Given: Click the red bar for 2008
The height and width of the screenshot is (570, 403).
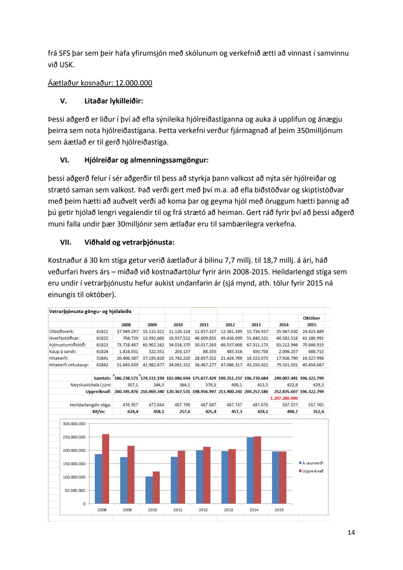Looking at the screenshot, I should pos(106,469).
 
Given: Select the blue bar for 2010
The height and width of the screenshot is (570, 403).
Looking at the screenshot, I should pos(149,490).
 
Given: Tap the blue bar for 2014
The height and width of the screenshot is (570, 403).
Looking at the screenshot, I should pos(250,471).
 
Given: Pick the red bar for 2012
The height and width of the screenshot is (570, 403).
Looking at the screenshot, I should pos(207,475).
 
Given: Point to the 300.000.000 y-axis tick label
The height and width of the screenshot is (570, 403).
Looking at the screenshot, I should pos(74,424).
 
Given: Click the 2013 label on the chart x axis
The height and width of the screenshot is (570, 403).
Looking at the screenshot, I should pos(228,510).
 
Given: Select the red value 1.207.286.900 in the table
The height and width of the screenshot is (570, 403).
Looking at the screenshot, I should pos(284,398).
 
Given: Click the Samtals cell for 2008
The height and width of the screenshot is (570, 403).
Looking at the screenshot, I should pos(126,378).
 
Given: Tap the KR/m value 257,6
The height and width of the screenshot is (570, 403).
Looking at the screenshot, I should pos(185,412).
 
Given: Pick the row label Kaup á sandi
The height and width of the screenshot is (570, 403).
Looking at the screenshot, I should pos(63,352).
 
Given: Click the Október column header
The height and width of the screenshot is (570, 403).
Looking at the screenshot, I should pos(311,318).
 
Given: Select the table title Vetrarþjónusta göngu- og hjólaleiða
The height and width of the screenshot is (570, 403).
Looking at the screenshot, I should pos(90,312).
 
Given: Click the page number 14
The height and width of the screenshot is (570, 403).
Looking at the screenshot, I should pos(351,533).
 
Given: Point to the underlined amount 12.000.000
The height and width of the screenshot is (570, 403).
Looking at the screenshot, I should pos(134,83).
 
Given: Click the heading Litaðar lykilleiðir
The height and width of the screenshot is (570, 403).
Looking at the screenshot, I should pos(114,101).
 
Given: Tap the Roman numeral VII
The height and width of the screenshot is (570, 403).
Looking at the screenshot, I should pos(66,242).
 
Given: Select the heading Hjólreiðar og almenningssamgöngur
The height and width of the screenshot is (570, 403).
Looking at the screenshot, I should pos(146,160).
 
